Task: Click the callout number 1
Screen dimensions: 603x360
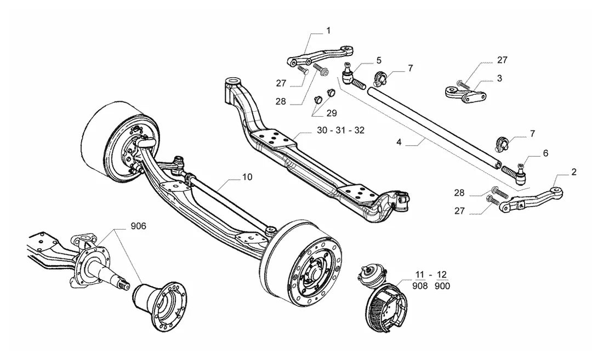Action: click(x=328, y=30)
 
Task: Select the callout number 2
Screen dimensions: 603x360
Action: click(x=574, y=172)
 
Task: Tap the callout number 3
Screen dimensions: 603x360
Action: click(x=499, y=78)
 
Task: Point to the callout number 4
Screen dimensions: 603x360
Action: click(x=399, y=142)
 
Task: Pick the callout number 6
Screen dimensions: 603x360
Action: click(x=545, y=153)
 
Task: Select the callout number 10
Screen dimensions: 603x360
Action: click(x=247, y=177)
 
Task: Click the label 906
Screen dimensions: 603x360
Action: click(x=139, y=226)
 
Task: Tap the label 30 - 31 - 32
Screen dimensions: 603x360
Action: click(x=341, y=130)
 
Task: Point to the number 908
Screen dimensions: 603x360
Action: click(x=420, y=286)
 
